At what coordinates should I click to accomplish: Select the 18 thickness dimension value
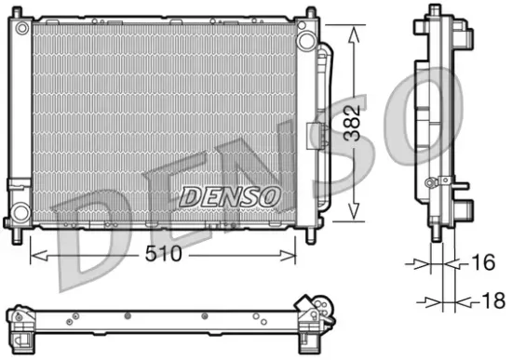coord(491,301)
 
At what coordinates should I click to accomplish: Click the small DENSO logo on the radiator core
coord(229,197)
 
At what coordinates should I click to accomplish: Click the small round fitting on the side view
coord(430,182)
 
